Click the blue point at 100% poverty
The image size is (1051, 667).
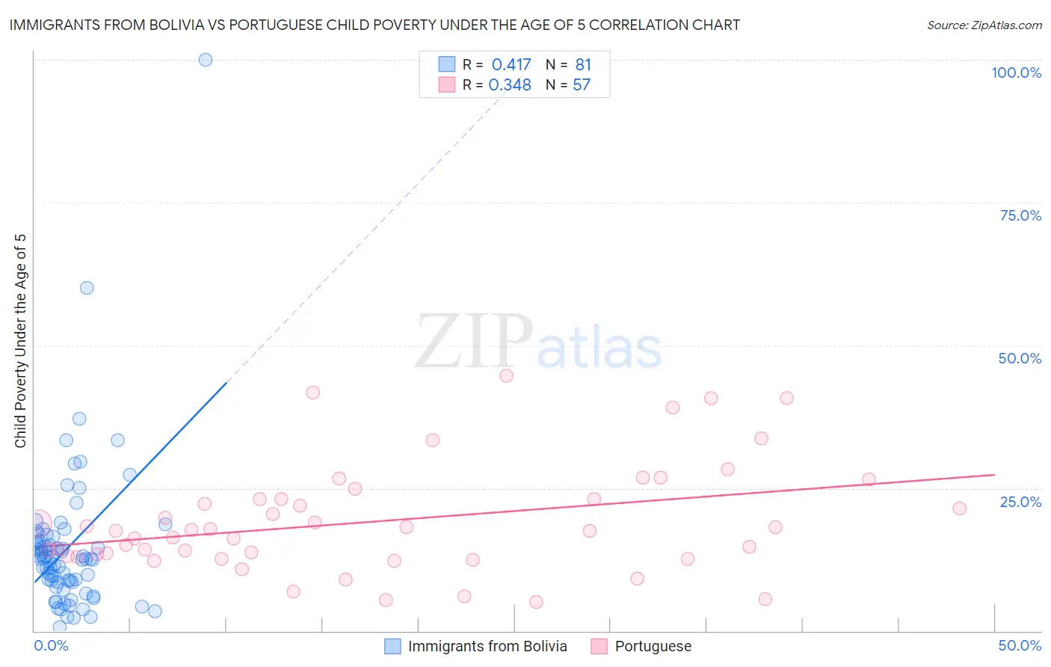206,60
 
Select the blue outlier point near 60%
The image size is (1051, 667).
87,288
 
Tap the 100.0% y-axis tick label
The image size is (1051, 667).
1016,73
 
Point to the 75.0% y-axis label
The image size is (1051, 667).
1020,215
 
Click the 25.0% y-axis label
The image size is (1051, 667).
1020,502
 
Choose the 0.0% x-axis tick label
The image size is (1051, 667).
51,645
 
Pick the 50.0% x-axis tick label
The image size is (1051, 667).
1020,645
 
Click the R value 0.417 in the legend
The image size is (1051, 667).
511,65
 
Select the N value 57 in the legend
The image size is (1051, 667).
582,85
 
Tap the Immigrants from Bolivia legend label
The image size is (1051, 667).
487,646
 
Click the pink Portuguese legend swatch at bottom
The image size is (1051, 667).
599,646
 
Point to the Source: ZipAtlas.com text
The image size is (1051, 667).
984,25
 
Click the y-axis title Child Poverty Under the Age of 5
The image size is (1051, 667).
21,340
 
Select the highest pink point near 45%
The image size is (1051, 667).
506,375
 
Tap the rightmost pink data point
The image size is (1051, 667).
959,508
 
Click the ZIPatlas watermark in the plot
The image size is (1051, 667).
538,342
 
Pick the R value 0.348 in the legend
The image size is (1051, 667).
510,85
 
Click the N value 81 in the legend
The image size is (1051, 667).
583,65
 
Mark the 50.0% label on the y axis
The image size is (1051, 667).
1020,358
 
